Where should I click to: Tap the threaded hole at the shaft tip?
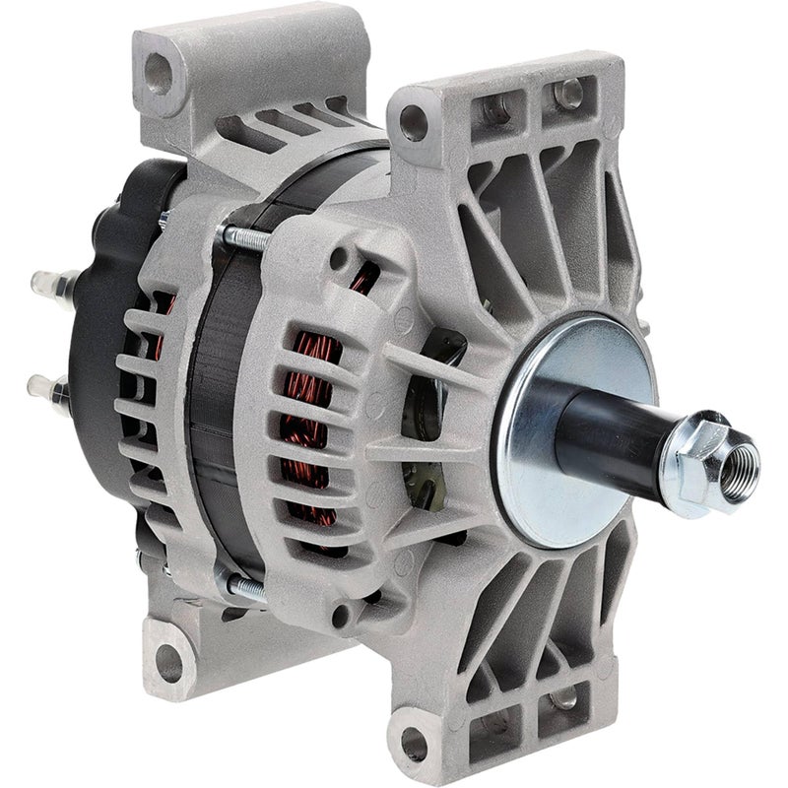pos(740,460)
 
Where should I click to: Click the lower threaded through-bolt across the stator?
pos(246,588)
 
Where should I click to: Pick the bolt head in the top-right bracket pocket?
pos(569,94)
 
